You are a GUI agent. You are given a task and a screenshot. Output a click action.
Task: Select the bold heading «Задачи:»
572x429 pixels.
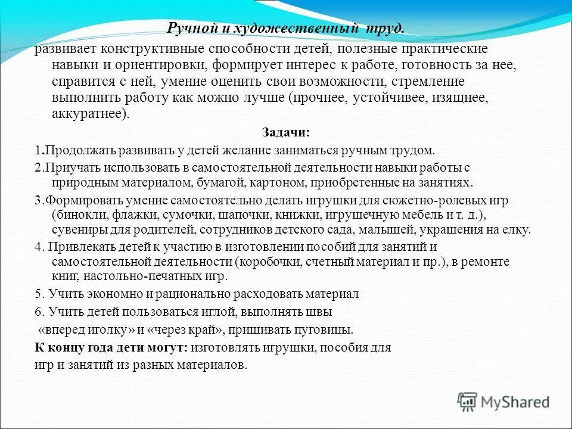[x=286, y=133]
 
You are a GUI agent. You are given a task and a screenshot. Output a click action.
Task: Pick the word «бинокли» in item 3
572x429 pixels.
[x=76, y=214]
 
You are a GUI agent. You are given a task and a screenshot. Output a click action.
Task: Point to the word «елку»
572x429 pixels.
[x=516, y=229]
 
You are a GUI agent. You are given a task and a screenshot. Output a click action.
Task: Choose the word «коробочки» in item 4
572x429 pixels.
[x=268, y=262]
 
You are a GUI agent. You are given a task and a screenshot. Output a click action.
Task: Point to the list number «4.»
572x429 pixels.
[x=39, y=247]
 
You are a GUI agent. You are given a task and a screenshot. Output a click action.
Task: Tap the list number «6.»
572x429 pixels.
[x=39, y=312]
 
